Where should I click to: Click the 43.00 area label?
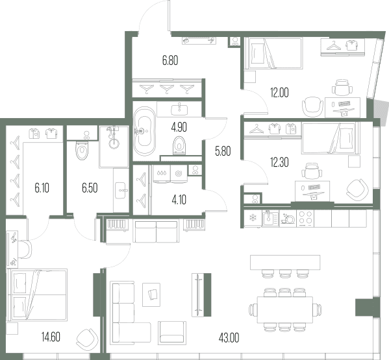coord(229,338)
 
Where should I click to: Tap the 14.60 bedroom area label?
coord(51,337)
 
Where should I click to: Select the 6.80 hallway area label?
coord(170,60)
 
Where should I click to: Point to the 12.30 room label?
coord(279,163)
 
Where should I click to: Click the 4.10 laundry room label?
coord(179,200)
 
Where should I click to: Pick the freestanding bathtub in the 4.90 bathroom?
coord(145,131)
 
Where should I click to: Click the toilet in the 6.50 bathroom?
coord(82,150)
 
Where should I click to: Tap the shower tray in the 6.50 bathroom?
coord(114,147)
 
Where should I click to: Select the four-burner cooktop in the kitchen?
coord(305,219)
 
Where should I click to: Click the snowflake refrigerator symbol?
coord(253,219)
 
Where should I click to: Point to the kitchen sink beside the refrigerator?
coord(270,219)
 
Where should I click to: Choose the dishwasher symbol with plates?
coord(288,219)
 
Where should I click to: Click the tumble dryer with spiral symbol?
coord(179,174)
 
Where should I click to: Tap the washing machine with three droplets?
coord(162,174)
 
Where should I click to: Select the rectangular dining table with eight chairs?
coord(285,309)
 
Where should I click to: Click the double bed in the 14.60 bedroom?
coord(38,295)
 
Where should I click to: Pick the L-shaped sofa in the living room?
coord(130,313)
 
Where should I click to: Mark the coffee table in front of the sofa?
coord(151,295)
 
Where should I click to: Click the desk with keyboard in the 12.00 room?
coord(343,107)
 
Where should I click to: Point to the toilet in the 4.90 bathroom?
coord(179,145)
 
